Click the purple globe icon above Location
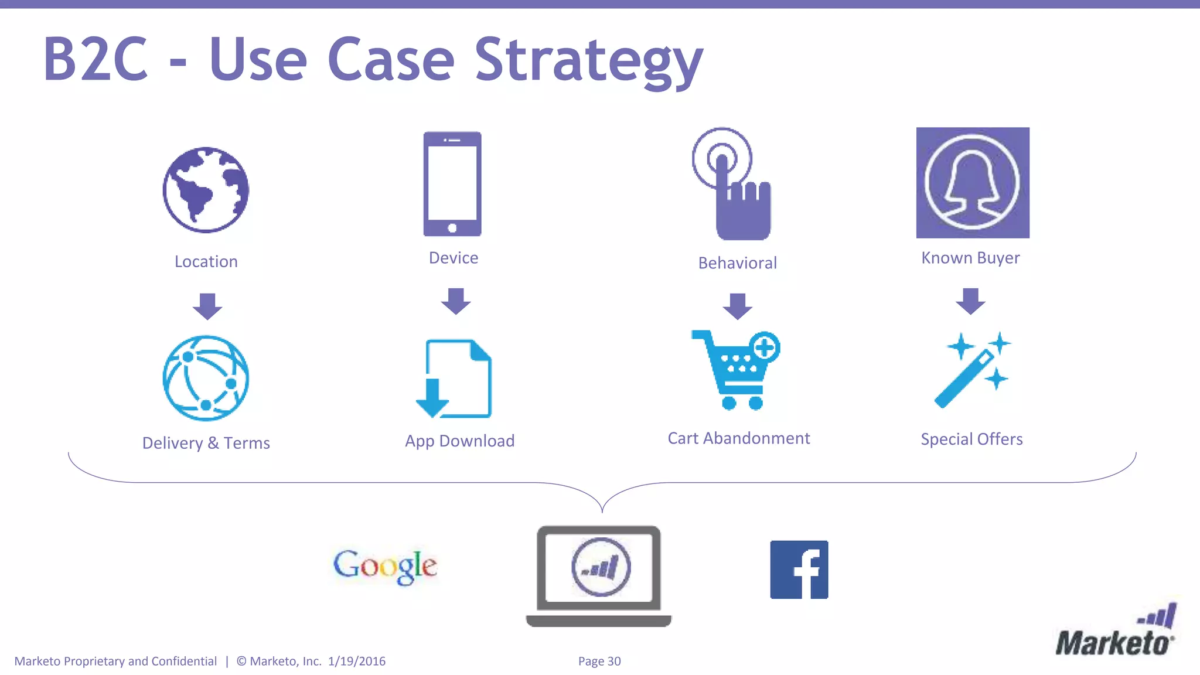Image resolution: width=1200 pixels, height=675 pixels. [x=206, y=190]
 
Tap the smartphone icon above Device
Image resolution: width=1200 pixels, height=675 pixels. [x=452, y=184]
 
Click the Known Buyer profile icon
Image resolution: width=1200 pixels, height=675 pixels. [x=973, y=183]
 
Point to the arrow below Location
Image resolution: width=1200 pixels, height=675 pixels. [x=207, y=306]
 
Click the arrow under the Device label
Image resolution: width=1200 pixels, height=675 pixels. [x=456, y=301]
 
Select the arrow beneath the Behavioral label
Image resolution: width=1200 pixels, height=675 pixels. [x=737, y=306]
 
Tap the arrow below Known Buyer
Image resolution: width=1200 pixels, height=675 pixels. [x=970, y=301]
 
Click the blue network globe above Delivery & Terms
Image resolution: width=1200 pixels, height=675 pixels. [x=206, y=378]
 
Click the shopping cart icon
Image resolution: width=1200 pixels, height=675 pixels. [x=737, y=370]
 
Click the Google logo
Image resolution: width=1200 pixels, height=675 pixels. [x=385, y=566]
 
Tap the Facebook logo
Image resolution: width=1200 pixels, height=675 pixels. [x=799, y=570]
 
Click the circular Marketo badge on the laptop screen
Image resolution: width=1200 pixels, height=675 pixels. [x=601, y=567]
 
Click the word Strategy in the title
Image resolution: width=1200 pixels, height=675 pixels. [x=588, y=60]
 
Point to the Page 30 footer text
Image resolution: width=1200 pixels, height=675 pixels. [x=599, y=661]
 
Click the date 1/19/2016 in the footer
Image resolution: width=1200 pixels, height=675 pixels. [x=357, y=661]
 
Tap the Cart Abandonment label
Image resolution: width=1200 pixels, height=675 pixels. [x=738, y=438]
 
